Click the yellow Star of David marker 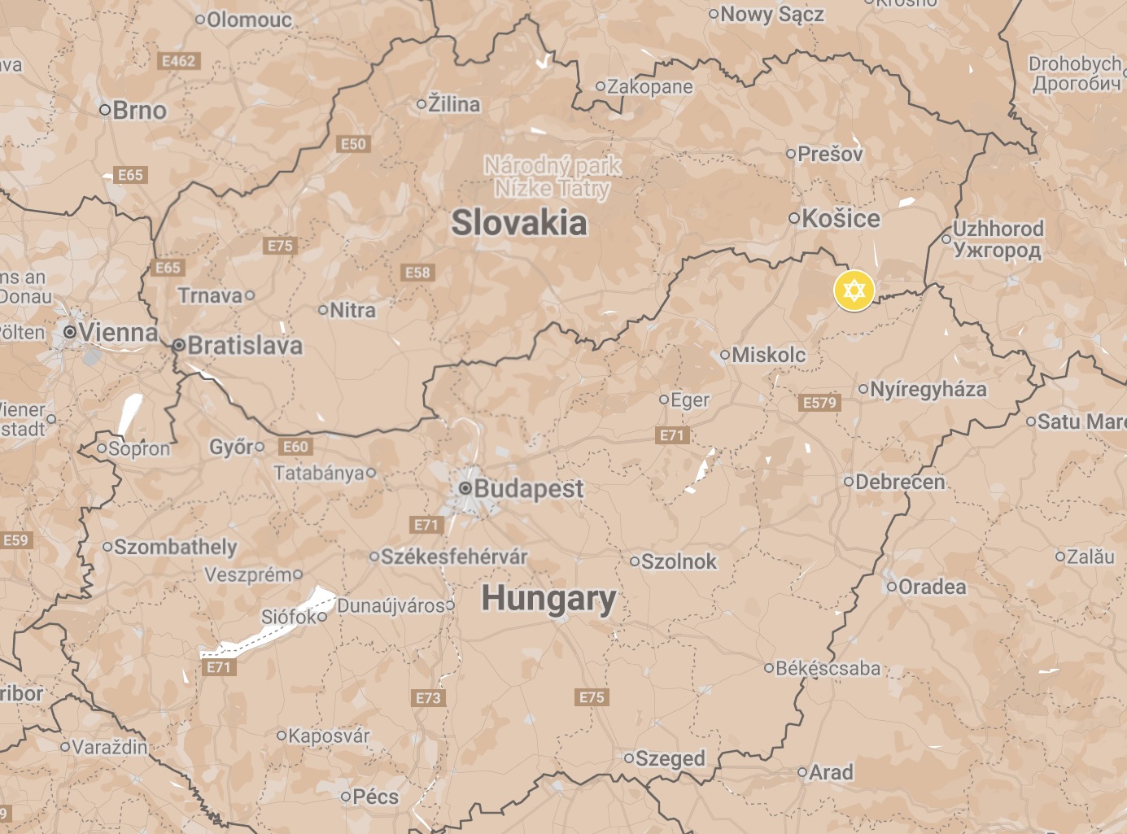click(x=854, y=290)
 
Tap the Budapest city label click(x=528, y=488)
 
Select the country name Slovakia click(x=518, y=223)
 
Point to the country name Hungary click(x=548, y=599)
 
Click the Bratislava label click(x=244, y=345)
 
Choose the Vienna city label click(x=118, y=332)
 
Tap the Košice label click(x=841, y=218)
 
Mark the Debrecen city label click(x=900, y=482)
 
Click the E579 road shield click(x=819, y=403)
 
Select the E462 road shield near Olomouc click(x=178, y=61)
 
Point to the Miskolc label click(x=768, y=355)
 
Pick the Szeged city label click(x=670, y=758)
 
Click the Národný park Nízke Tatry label click(x=553, y=177)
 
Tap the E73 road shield click(x=428, y=697)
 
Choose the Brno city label click(x=139, y=110)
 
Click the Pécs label click(x=375, y=796)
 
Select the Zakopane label click(x=649, y=86)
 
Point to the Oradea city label click(x=932, y=587)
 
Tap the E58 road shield click(x=417, y=273)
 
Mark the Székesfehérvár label click(x=454, y=557)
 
